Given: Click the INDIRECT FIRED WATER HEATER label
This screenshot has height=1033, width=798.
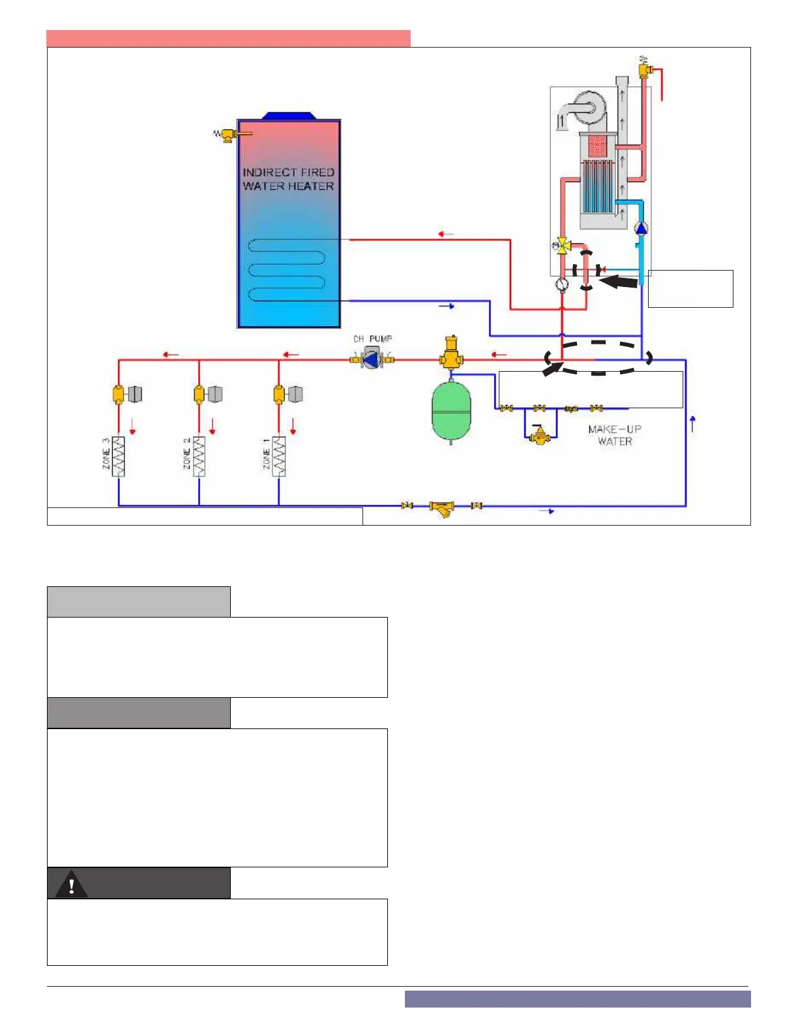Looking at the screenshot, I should click(288, 179).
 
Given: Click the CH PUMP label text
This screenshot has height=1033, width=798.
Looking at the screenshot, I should click(372, 339).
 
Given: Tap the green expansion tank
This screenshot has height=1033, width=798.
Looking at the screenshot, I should click(451, 412).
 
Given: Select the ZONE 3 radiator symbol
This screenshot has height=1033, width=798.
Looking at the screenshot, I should click(118, 457).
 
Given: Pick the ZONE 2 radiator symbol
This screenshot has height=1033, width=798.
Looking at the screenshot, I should click(199, 457).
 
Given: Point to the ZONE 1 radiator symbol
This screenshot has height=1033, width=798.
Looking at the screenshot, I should click(279, 457).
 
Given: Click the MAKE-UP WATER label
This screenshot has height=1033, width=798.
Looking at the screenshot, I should click(615, 435).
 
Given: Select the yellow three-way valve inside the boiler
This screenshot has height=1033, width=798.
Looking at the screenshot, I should click(561, 247).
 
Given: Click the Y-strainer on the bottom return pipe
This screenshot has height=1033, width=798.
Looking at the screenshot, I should click(442, 507).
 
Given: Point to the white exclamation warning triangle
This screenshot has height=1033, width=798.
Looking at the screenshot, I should click(71, 885).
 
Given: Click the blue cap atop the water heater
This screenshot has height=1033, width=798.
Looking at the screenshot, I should click(289, 116).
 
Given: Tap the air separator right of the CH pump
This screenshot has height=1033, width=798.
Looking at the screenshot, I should click(451, 353).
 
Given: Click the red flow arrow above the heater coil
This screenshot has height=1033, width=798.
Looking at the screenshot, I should click(446, 233).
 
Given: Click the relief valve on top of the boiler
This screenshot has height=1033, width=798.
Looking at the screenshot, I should click(647, 67).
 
